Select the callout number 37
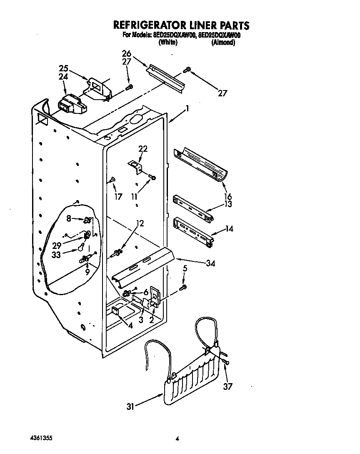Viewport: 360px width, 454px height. (x=228, y=386)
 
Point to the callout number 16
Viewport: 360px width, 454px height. (x=228, y=196)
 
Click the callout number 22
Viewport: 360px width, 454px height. (x=143, y=149)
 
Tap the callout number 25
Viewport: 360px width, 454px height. (x=63, y=68)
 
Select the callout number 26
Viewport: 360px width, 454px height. (x=127, y=53)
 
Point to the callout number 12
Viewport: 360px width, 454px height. (x=140, y=223)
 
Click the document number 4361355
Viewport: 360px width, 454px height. (x=41, y=438)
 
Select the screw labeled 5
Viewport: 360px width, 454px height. (x=183, y=287)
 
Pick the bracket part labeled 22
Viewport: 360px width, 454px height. (x=135, y=166)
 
